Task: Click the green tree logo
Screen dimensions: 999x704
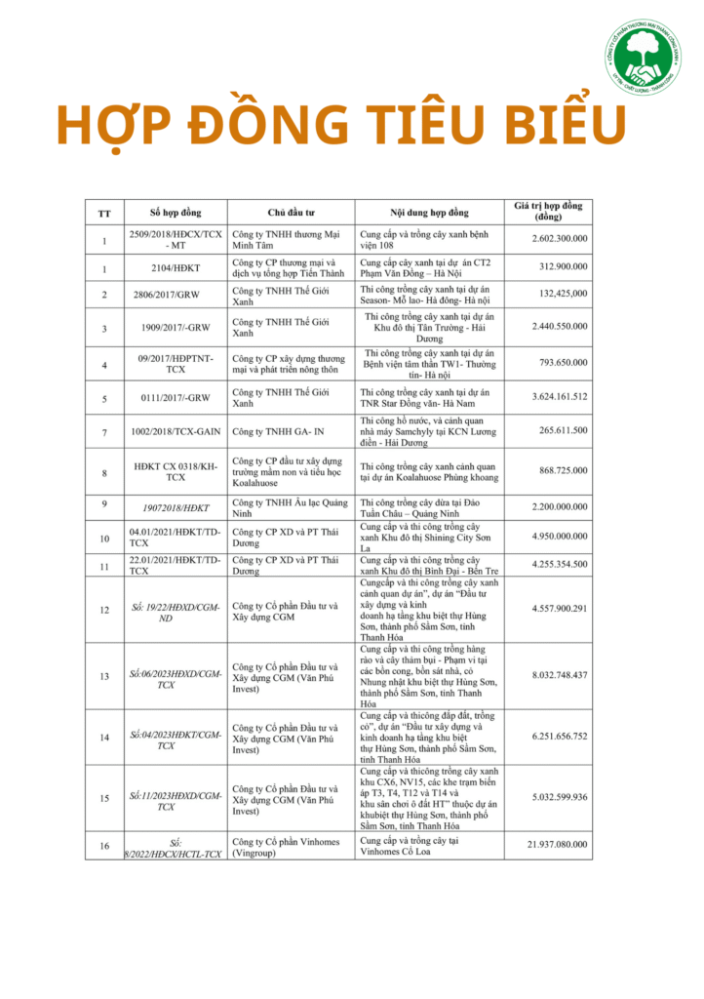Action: tap(642, 58)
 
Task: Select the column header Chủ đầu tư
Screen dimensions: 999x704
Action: tap(290, 212)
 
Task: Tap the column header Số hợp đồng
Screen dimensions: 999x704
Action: tap(176, 212)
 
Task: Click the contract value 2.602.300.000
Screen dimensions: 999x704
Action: tap(560, 239)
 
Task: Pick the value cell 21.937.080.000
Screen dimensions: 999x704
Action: tap(558, 844)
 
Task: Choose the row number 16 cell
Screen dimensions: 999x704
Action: tap(104, 845)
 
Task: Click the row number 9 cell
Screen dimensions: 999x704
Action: tap(104, 504)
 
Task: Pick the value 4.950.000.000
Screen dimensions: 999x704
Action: tap(560, 537)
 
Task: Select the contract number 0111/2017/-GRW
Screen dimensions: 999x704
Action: tap(176, 397)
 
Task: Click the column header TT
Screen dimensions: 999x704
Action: tap(104, 213)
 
